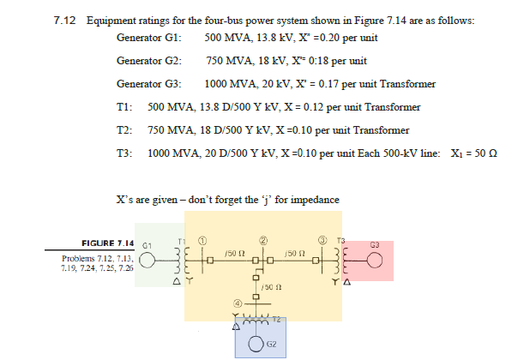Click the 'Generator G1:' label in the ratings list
click(x=148, y=39)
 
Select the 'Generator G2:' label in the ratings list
click(x=148, y=62)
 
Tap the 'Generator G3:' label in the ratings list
click(x=148, y=85)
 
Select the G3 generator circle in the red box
click(x=375, y=261)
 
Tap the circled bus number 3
click(x=322, y=238)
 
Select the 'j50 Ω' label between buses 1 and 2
click(x=228, y=254)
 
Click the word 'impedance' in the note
click(x=314, y=199)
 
